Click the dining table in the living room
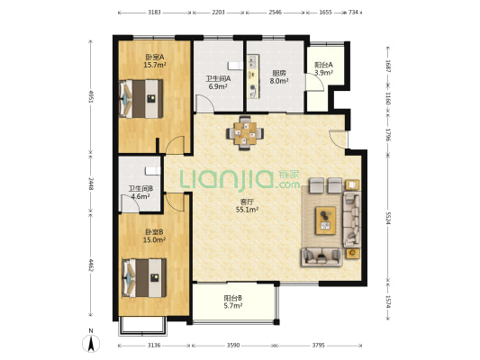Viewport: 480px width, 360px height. [x=245, y=133]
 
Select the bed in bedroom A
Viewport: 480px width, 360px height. [x=140, y=99]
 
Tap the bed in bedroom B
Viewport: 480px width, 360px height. [x=144, y=278]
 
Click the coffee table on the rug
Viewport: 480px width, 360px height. [x=326, y=220]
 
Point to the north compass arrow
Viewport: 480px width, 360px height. [x=91, y=343]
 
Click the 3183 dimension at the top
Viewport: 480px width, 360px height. [x=154, y=13]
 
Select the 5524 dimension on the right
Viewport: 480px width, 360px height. [x=388, y=218]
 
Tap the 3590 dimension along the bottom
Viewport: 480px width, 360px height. [x=233, y=346]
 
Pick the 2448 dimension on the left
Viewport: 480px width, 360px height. [x=91, y=184]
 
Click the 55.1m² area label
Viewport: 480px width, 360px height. [x=247, y=210]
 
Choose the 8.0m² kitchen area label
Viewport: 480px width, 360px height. [x=279, y=81]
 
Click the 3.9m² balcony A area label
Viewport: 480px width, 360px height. [x=323, y=73]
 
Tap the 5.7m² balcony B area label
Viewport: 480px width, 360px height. [x=233, y=306]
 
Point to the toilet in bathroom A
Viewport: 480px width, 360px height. [x=235, y=66]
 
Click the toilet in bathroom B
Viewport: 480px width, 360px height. [x=153, y=171]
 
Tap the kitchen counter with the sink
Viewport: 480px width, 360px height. [x=253, y=76]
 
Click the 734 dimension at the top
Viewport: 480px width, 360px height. [x=353, y=13]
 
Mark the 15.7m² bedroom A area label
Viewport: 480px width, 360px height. [x=155, y=65]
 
